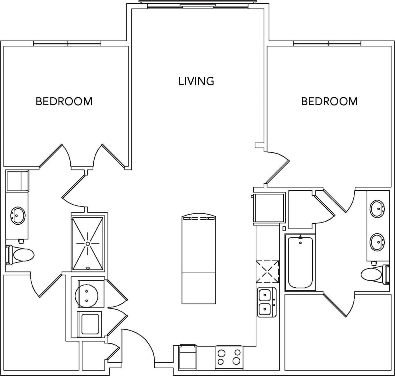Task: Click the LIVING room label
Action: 196,81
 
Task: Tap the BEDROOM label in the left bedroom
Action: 64,101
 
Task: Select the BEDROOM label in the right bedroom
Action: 329,101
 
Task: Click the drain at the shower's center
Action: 88,244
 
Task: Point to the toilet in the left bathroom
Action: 21,255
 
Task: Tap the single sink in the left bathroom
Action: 18,215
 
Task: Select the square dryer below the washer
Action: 90,324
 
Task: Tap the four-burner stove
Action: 229,357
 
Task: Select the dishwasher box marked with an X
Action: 267,272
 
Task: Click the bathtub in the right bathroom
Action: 300,262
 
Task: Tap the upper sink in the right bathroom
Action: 377,209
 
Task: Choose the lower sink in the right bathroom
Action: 377,242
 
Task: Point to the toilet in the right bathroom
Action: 374,274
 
